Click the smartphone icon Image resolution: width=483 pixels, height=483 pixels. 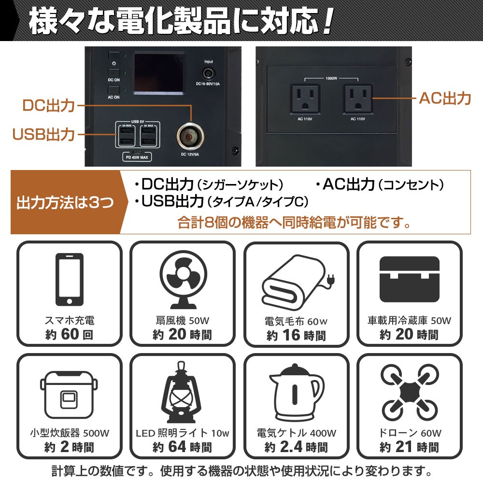point(69,279)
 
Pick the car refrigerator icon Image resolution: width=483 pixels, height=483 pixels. point(410,279)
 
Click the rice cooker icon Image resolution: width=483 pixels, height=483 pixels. point(69,395)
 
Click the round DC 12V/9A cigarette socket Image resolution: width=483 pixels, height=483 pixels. point(190,137)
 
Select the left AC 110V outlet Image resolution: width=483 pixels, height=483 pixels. point(305,99)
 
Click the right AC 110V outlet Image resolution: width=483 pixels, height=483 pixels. point(357,99)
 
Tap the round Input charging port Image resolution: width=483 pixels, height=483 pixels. point(209,73)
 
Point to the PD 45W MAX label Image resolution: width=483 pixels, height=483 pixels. point(137,157)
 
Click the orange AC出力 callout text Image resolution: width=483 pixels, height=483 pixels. point(445,99)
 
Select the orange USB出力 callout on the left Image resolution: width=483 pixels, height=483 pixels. point(43,135)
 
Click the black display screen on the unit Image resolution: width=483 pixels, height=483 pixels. point(158,73)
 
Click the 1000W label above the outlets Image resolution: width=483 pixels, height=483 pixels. point(331,78)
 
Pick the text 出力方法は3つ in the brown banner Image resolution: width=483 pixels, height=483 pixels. point(65,202)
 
